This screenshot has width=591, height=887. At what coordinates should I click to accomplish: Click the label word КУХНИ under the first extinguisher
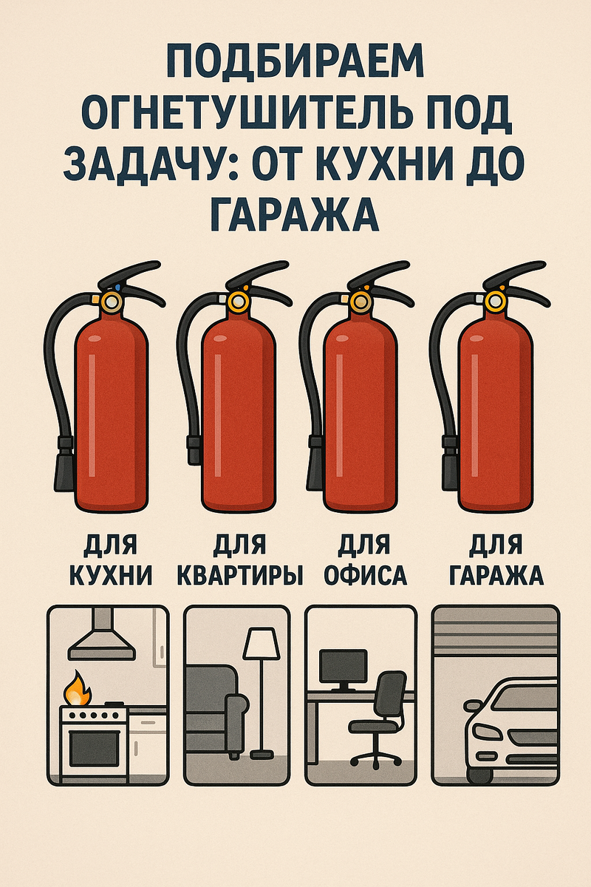click(x=112, y=575)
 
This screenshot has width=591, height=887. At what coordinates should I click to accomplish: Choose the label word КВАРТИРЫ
click(x=240, y=575)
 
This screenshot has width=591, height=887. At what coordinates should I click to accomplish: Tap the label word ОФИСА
click(x=366, y=575)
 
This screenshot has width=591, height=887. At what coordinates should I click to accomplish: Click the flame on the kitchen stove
click(x=78, y=690)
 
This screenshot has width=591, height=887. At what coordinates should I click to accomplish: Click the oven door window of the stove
click(x=95, y=748)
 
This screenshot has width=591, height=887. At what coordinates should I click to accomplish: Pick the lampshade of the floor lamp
click(x=261, y=644)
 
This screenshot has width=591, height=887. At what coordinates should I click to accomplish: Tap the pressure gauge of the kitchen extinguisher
click(x=112, y=302)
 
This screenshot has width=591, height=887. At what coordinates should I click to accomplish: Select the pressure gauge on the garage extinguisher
click(x=495, y=302)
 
